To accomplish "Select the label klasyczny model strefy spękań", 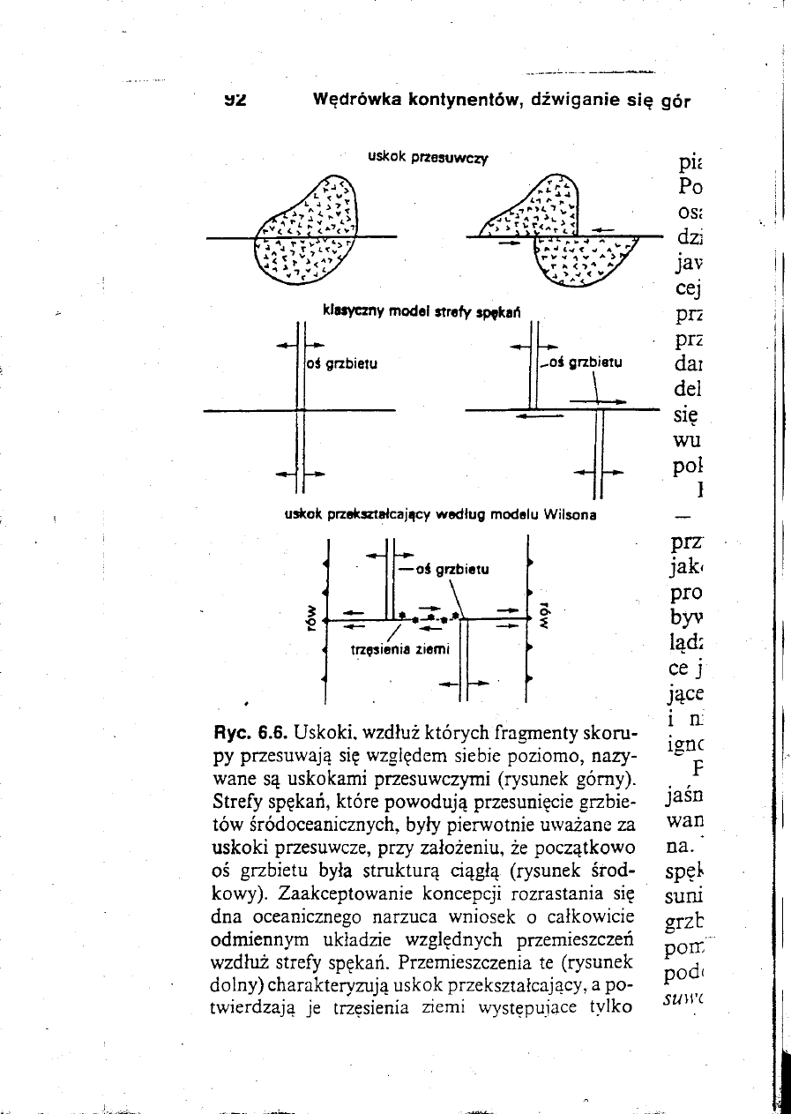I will point(423,310).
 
